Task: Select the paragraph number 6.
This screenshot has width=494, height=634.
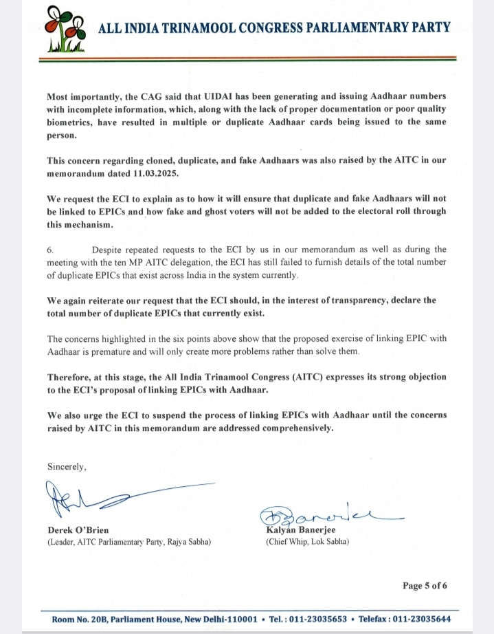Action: pyautogui.click(x=50, y=250)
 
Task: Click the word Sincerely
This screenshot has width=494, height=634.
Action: pyautogui.click(x=67, y=466)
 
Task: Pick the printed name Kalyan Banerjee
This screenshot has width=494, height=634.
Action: pyautogui.click(x=299, y=530)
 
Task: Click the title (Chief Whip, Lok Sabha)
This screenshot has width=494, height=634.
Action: pyautogui.click(x=307, y=542)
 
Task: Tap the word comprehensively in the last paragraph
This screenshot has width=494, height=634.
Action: pyautogui.click(x=291, y=428)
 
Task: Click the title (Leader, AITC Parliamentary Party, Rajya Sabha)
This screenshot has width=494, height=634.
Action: pyautogui.click(x=129, y=542)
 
